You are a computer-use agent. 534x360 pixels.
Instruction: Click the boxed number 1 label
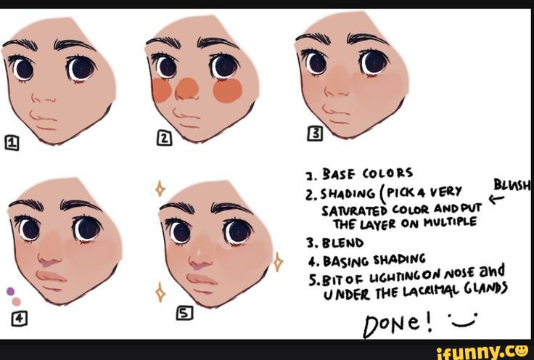12,143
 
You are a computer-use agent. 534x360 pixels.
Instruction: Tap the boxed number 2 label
164,138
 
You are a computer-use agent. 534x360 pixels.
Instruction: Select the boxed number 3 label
315,134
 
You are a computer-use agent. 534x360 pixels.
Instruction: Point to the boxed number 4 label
20,319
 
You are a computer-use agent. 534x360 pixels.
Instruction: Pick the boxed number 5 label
184,313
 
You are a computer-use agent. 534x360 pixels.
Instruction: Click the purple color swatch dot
11,291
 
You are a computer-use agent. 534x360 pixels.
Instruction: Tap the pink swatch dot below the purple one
17,302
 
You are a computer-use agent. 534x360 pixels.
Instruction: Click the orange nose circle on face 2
187,89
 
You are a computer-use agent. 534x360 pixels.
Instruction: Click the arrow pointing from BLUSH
496,199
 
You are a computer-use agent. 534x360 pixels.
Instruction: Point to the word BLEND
343,243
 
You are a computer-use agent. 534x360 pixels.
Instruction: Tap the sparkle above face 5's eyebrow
160,188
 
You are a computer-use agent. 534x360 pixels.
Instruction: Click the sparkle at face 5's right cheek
278,262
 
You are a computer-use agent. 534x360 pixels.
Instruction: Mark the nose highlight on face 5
199,253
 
